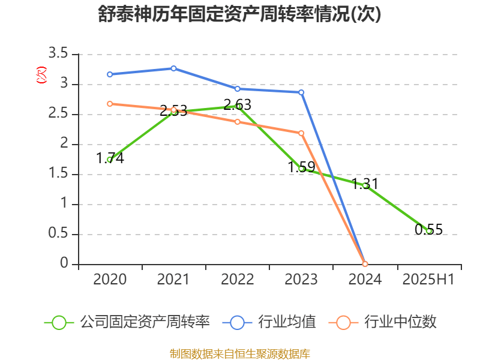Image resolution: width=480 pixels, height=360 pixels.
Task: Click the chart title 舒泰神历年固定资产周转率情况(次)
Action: pyautogui.click(x=239, y=14)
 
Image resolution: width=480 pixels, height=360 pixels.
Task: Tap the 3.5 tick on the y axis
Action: pyautogui.click(x=59, y=55)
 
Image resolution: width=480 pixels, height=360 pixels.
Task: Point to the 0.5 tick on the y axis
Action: pyautogui.click(x=59, y=235)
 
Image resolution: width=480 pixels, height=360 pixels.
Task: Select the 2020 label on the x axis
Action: pyautogui.click(x=110, y=280)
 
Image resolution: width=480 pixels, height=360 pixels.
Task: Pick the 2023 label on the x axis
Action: pyautogui.click(x=301, y=280)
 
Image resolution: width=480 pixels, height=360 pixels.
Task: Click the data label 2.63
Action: pyautogui.click(x=238, y=105)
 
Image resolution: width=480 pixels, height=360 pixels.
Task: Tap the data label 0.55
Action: pyautogui.click(x=428, y=229)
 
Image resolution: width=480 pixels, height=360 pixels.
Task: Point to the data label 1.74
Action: pyautogui.click(x=110, y=158)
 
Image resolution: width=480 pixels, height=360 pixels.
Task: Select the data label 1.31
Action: pyautogui.click(x=365, y=184)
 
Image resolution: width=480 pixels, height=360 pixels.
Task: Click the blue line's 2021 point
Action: pyautogui.click(x=173, y=68)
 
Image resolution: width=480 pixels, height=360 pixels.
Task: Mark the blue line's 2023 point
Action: pyautogui.click(x=301, y=92)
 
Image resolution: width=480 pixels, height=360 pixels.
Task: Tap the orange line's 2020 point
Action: pyautogui.click(x=110, y=104)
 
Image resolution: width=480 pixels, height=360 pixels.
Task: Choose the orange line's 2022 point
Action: pyautogui.click(x=238, y=122)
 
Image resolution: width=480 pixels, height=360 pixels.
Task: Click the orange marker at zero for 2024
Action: pyautogui.click(x=365, y=264)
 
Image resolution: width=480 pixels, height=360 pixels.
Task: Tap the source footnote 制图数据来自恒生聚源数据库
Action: pyautogui.click(x=239, y=353)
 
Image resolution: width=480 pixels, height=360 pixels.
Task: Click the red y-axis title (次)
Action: pyautogui.click(x=41, y=75)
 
